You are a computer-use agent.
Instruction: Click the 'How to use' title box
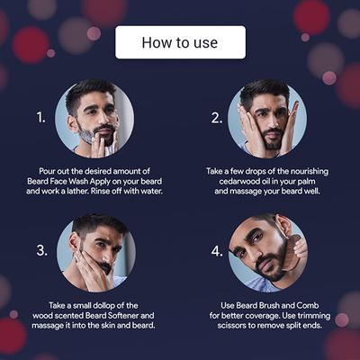180,42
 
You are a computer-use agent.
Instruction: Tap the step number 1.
40,117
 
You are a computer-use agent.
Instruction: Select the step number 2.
216,117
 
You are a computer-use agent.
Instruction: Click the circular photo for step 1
94,118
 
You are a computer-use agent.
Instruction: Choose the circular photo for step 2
271,118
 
